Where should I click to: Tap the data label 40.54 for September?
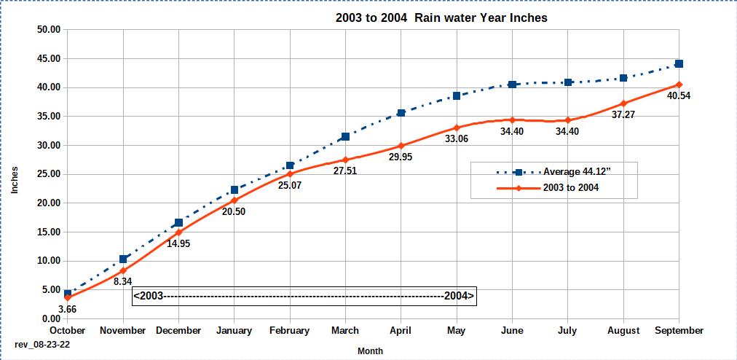678,95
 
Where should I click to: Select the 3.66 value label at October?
67,309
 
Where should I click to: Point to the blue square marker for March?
345,136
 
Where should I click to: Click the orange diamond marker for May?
457,128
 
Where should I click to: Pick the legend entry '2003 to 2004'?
571,188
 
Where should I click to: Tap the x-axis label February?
290,331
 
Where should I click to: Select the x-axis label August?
623,331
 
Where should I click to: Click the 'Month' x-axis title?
370,351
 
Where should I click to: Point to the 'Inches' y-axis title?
15,179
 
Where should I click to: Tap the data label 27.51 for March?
345,171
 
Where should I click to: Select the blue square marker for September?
679,63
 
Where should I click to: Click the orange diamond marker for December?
178,232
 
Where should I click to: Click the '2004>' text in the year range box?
459,296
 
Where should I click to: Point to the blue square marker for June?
512,85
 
